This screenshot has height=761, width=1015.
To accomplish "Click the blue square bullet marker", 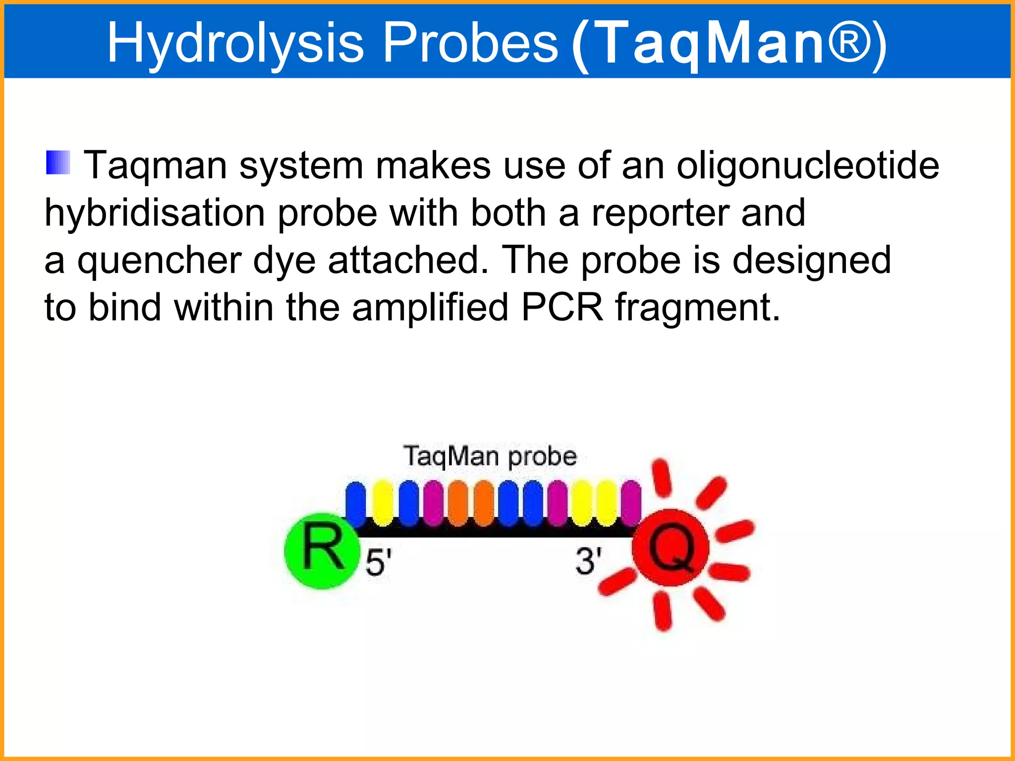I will coord(58,163).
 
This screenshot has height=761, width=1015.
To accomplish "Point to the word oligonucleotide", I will coord(807,166).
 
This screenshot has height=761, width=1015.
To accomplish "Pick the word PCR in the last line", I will coord(562,307).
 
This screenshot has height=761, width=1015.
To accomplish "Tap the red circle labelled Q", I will coord(670,548).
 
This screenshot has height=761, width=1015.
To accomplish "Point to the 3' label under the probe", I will coord(588,561).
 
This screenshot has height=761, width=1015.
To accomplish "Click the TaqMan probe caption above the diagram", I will coord(490,456).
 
